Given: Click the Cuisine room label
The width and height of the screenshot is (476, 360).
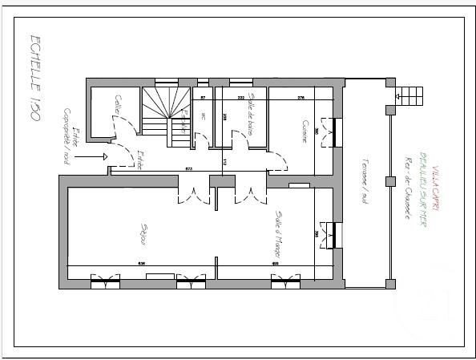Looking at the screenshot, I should tap(305, 131).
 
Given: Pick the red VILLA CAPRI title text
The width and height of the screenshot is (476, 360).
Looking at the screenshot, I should tap(435, 186).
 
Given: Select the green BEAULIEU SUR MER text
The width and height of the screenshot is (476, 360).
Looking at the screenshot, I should tap(422, 188).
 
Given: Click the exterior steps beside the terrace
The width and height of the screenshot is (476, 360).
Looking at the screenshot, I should tap(410, 92).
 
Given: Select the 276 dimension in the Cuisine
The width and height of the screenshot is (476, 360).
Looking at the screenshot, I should tap(301, 98).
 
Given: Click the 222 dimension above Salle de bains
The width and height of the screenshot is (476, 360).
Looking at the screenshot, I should tap(240, 98).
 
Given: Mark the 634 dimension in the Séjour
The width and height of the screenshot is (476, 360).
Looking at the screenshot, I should tap(141, 263).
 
